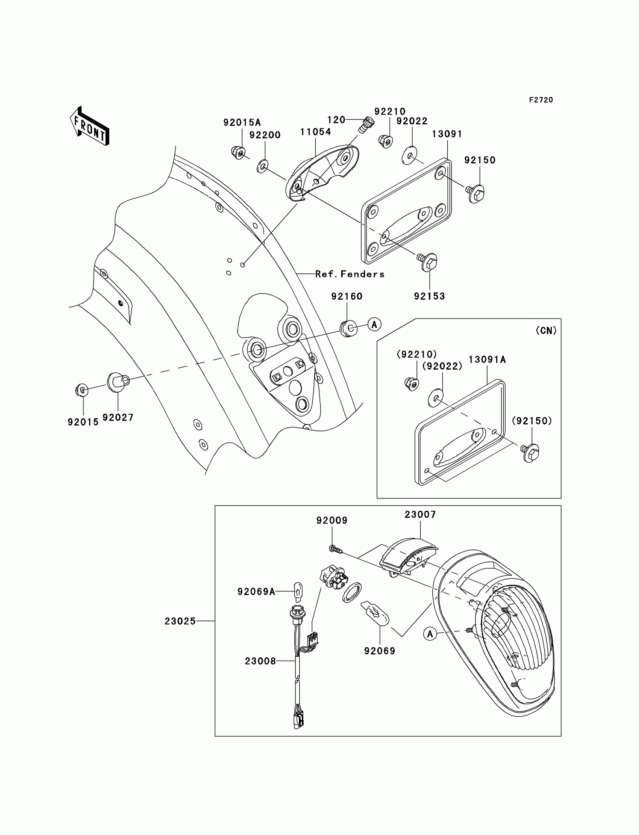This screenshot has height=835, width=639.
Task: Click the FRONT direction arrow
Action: point(90,127)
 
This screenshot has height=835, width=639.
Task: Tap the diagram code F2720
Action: point(541,100)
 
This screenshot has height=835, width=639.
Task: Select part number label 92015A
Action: point(242,122)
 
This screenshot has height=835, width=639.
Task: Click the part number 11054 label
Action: point(315,132)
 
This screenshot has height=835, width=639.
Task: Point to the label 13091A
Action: point(487,359)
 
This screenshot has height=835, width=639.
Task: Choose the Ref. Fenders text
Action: point(350,274)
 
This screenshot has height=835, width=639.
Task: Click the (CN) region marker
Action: point(546,331)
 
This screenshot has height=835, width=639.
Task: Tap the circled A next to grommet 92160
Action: point(374,325)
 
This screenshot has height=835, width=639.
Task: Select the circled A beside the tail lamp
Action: point(430,634)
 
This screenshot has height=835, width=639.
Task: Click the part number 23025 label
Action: point(180,621)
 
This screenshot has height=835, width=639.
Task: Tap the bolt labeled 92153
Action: point(429,262)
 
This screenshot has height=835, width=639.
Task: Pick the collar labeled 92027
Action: point(117,381)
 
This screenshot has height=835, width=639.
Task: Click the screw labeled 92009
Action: point(334,549)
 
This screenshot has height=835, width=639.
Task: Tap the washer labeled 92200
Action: point(262,166)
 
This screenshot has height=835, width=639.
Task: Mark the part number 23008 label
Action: point(260,661)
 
